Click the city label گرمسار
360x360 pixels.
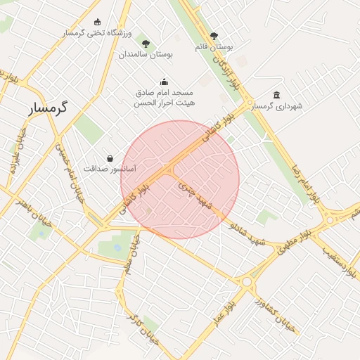pos(48,108)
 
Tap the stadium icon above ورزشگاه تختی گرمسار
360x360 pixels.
pos(97,22)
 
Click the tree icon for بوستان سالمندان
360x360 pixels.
pos(146,44)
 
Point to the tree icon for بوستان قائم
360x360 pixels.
pos(214,36)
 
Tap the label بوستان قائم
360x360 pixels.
pos(214,46)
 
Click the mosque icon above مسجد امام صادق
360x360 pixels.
pos(164,82)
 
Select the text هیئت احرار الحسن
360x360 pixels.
pos(164,103)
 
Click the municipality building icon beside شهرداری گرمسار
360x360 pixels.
pos(277,96)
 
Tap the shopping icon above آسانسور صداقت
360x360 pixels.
pos(110,159)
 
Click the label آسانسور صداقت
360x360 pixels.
pos(110,169)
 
